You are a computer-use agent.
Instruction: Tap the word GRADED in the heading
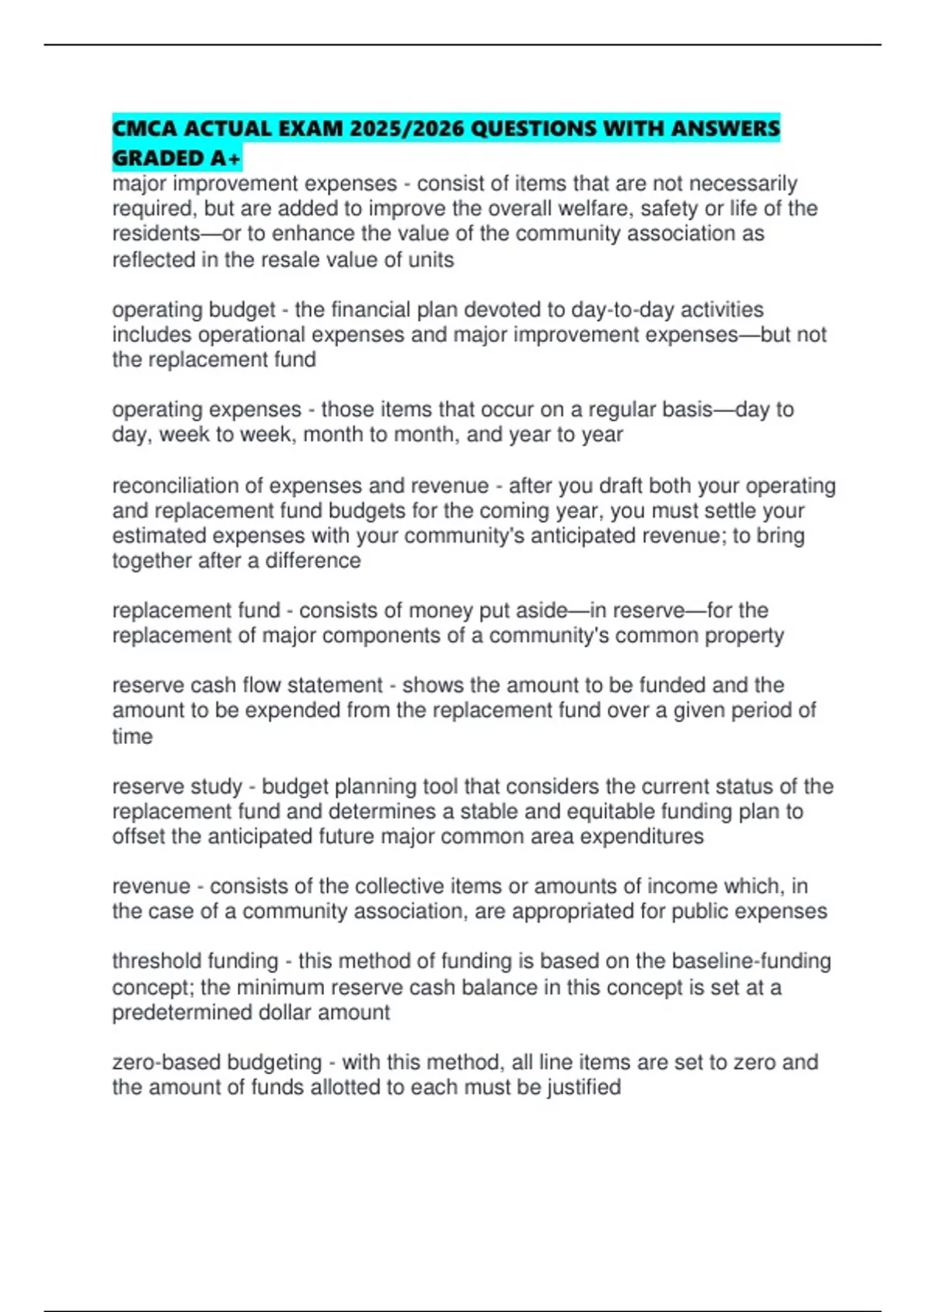[x=157, y=158]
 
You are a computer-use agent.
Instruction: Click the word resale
[x=292, y=260]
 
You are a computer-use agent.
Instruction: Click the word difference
[x=313, y=560]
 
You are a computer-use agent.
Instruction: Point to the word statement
[x=336, y=685]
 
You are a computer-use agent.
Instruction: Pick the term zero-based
[x=162, y=1062]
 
